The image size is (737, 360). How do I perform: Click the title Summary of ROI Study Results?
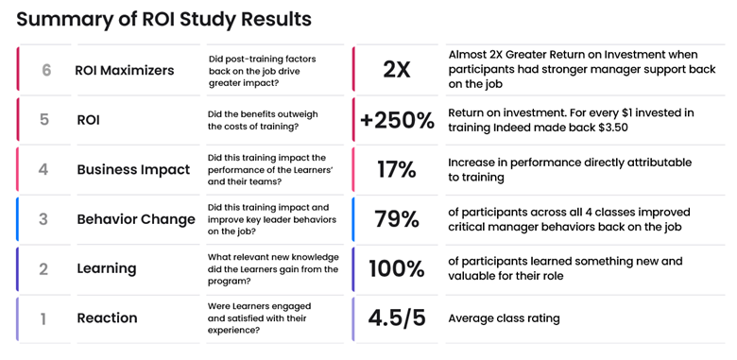(163, 19)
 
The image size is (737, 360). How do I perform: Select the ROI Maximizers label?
(125, 71)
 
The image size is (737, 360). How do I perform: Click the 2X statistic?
(397, 70)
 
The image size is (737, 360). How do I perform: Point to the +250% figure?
(397, 120)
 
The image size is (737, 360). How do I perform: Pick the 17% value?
(397, 170)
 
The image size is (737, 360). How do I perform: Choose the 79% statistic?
(397, 219)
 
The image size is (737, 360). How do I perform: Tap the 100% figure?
(397, 268)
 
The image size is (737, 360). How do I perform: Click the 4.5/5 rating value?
(397, 318)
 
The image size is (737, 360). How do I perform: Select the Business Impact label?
(133, 170)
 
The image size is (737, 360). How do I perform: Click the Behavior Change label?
(136, 219)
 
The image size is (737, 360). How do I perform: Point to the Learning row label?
(106, 268)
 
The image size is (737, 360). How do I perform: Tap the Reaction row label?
(106, 318)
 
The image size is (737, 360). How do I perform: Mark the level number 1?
(43, 318)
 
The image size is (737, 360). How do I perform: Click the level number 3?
(43, 219)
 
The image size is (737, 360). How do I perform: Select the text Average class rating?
(504, 318)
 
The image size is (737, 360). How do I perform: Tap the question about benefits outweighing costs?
(263, 120)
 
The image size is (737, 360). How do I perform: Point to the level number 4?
(43, 170)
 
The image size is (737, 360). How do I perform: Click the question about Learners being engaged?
(259, 318)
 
